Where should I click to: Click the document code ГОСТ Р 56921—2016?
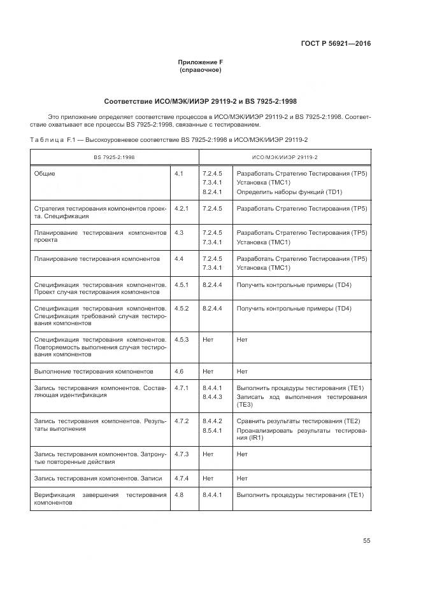coord(335,44)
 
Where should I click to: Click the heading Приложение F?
coord(200,62)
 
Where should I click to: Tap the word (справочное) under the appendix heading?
coord(200,70)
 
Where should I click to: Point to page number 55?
coord(367,540)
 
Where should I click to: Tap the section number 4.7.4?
coord(182,478)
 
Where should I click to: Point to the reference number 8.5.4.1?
coord(211,431)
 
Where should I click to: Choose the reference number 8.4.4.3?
coord(211,397)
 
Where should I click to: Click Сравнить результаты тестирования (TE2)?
coord(298,421)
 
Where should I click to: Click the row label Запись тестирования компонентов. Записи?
coord(97,478)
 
